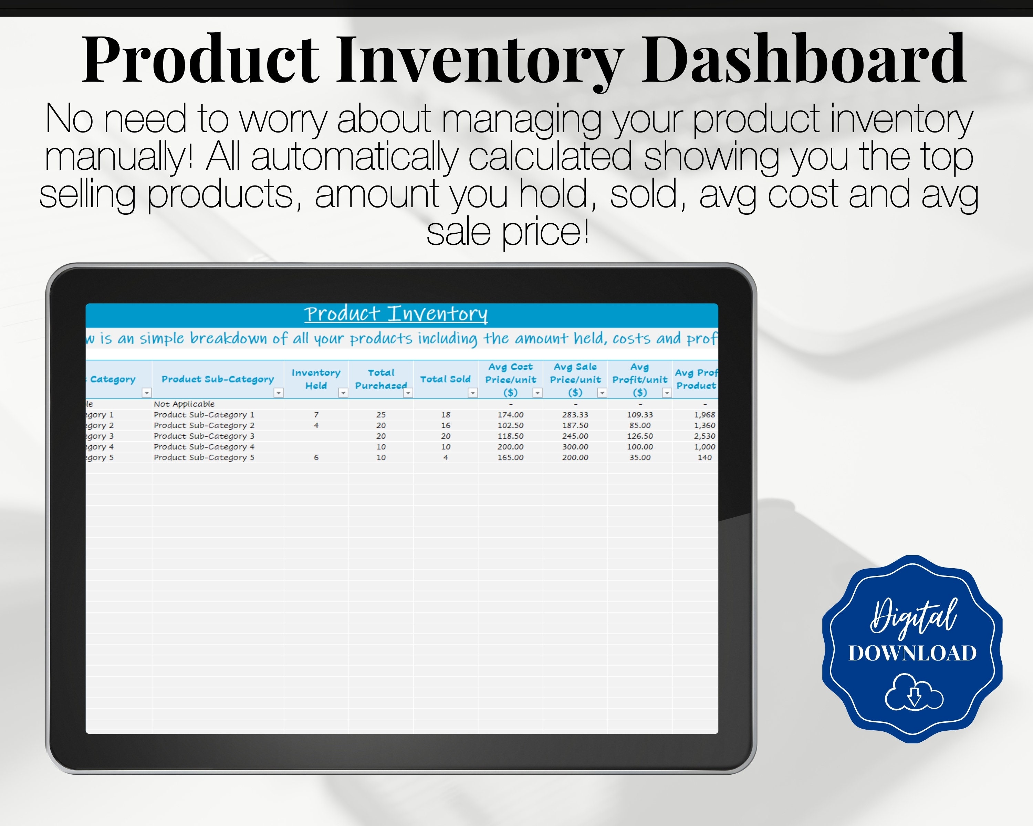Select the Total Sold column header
[445, 379]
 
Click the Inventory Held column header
[316, 379]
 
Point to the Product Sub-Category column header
[218, 379]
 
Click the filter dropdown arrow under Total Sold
[472, 393]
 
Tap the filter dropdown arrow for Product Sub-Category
[278, 393]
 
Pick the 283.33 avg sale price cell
[575, 415]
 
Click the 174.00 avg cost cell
[510, 415]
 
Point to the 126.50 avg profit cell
[640, 436]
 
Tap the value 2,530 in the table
[704, 436]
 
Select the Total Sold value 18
[446, 415]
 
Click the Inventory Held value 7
[316, 415]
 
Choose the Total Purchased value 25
[381, 415]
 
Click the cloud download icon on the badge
[914, 692]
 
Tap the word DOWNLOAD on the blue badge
[912, 653]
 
